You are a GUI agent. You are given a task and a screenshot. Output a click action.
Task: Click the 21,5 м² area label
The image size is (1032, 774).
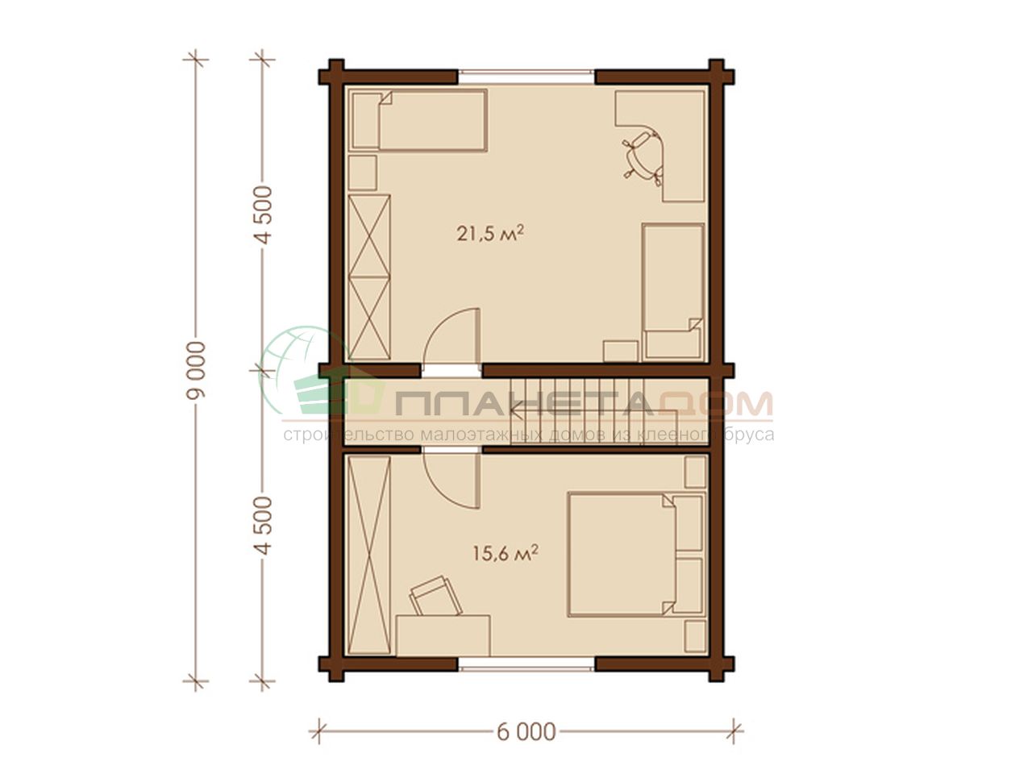(490, 234)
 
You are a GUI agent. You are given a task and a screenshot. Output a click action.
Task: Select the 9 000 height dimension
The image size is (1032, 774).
(196, 370)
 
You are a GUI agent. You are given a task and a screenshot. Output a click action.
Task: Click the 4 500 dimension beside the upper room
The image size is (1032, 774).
(264, 214)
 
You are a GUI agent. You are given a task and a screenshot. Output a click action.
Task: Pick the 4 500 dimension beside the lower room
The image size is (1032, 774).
(264, 526)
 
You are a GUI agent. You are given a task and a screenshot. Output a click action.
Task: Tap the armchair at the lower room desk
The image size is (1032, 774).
(435, 597)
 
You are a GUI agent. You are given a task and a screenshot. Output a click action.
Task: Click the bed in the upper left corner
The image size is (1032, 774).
(418, 120)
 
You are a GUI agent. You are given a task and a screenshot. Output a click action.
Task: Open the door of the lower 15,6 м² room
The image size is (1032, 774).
(451, 481)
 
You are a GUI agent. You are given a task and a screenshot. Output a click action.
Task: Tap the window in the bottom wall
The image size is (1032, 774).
(526, 664)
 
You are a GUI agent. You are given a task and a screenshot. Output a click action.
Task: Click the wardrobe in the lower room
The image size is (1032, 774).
(369, 555)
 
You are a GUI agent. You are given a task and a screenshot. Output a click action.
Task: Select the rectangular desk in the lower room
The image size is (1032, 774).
(443, 635)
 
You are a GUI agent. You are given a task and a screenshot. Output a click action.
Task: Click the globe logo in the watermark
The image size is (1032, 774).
(301, 371)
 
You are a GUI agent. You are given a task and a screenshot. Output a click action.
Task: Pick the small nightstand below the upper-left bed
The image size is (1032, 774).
(363, 173)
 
